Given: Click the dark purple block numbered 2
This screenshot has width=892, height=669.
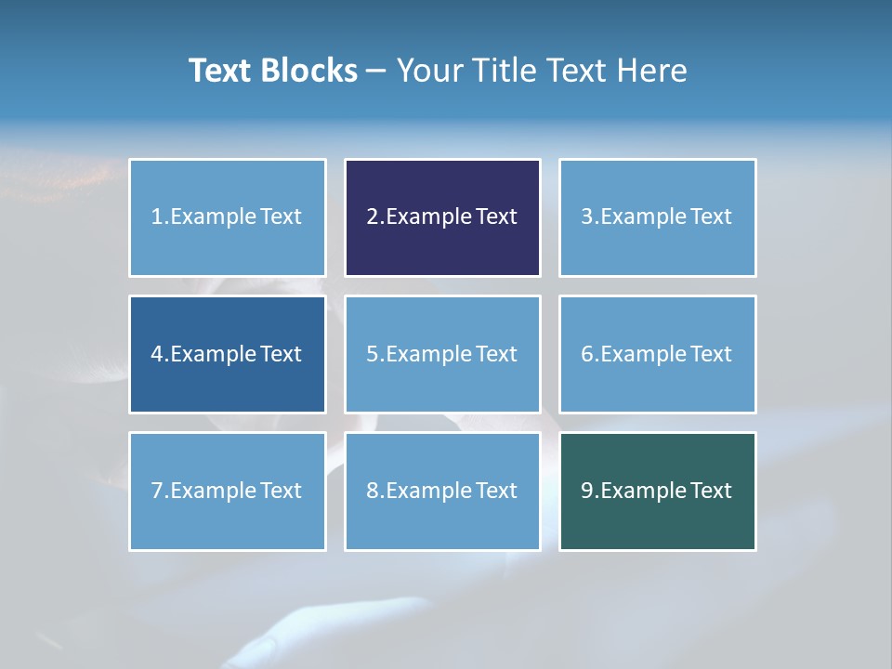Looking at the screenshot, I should (442, 217).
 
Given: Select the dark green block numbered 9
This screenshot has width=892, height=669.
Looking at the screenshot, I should (657, 491).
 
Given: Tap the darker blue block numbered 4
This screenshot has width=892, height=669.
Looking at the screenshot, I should (227, 354).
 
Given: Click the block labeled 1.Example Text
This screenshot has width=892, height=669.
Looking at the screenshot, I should (227, 217).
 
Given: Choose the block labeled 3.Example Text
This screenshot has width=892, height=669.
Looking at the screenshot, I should (657, 217).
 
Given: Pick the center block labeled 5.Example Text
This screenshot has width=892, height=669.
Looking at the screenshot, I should (442, 354).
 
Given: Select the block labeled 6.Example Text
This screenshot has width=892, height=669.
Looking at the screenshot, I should (657, 354).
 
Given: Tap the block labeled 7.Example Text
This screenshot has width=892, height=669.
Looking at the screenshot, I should (227, 491).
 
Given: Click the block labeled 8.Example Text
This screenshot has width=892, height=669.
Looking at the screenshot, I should (442, 491).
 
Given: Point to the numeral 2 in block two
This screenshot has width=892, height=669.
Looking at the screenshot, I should (372, 217).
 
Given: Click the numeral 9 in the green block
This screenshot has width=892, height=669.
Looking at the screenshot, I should (587, 491).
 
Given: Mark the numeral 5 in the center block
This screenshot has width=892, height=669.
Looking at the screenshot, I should (372, 354).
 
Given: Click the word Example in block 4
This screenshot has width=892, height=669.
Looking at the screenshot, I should (213, 354).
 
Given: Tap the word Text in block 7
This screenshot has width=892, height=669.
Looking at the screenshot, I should (281, 491).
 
